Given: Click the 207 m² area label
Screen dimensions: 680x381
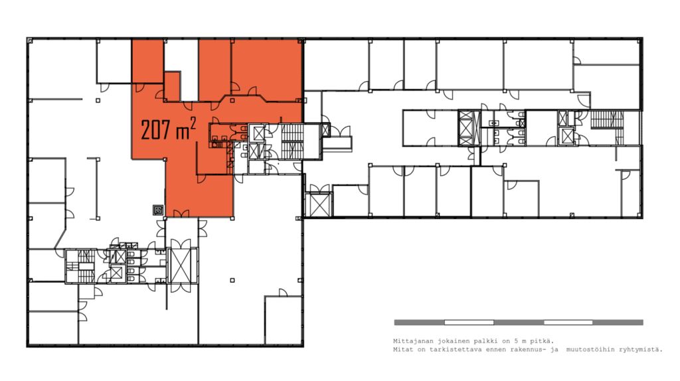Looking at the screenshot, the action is [x=168, y=129].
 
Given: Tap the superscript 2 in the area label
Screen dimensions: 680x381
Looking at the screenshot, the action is [x=193, y=123].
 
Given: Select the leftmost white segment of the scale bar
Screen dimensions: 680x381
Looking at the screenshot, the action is [x=469, y=323].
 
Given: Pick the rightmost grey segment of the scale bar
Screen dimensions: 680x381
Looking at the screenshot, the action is [x=618, y=323].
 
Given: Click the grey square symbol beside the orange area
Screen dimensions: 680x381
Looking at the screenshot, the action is [x=158, y=210].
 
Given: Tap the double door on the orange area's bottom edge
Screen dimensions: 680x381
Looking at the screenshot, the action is [x=181, y=214].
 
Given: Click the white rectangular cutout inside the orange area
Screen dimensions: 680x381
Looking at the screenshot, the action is [x=181, y=70].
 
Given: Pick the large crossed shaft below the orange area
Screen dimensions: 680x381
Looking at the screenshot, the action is [x=181, y=266].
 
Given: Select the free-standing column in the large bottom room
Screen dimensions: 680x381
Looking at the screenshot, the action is [x=232, y=280].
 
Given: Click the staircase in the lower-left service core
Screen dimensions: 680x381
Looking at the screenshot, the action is [x=85, y=266].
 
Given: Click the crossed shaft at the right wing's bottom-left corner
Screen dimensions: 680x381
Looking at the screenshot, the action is [x=318, y=204].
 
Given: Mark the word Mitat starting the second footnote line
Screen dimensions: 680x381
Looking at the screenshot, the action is [x=402, y=349].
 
